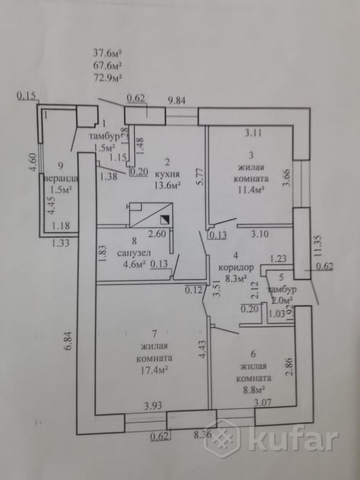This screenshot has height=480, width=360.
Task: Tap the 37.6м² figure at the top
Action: (108, 51)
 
